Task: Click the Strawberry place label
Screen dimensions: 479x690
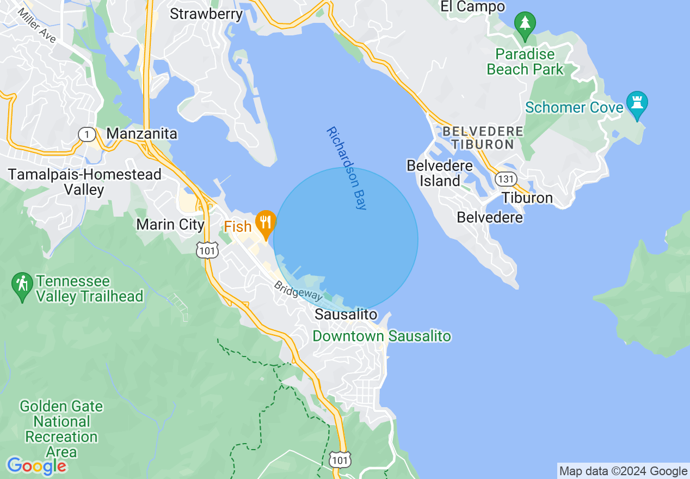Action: [x=206, y=14]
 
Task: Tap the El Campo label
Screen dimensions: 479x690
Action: [x=472, y=7]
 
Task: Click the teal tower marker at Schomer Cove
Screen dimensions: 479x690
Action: [x=637, y=103]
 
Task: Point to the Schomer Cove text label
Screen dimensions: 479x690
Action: [x=574, y=107]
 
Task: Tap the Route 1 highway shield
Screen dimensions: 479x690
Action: [x=87, y=134]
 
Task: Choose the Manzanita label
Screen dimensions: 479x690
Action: [x=141, y=133]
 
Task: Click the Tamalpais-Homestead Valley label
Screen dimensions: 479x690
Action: [x=84, y=182]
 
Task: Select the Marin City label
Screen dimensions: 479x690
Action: [x=170, y=224]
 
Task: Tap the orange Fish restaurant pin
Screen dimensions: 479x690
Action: [x=266, y=223]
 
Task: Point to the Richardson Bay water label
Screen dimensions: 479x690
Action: [x=347, y=168]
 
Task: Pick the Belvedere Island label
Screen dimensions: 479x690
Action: [x=440, y=173]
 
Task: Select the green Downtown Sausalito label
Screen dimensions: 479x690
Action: [x=381, y=336]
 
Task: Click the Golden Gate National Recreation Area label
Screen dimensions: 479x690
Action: [x=61, y=429]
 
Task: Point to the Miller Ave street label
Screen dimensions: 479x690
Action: [x=37, y=26]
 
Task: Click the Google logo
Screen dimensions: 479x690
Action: [x=36, y=465]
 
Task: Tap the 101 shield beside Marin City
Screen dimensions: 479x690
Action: [x=207, y=249]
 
